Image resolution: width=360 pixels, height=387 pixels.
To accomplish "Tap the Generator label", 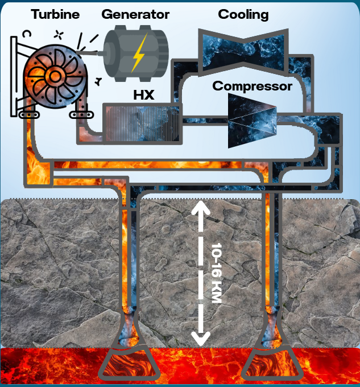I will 135,14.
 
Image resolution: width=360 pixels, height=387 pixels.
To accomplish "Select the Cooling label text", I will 243,14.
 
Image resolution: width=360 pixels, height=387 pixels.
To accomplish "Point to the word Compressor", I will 252,87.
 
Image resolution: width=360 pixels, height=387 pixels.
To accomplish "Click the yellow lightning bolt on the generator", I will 138,52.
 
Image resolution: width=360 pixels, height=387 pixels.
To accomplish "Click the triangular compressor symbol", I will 251,121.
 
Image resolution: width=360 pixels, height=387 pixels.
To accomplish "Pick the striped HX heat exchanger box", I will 142,122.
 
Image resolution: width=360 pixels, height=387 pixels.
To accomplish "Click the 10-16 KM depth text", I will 216,273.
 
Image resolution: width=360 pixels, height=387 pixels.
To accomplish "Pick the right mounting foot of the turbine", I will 78,114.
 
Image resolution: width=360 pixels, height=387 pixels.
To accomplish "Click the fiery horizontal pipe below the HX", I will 142,165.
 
